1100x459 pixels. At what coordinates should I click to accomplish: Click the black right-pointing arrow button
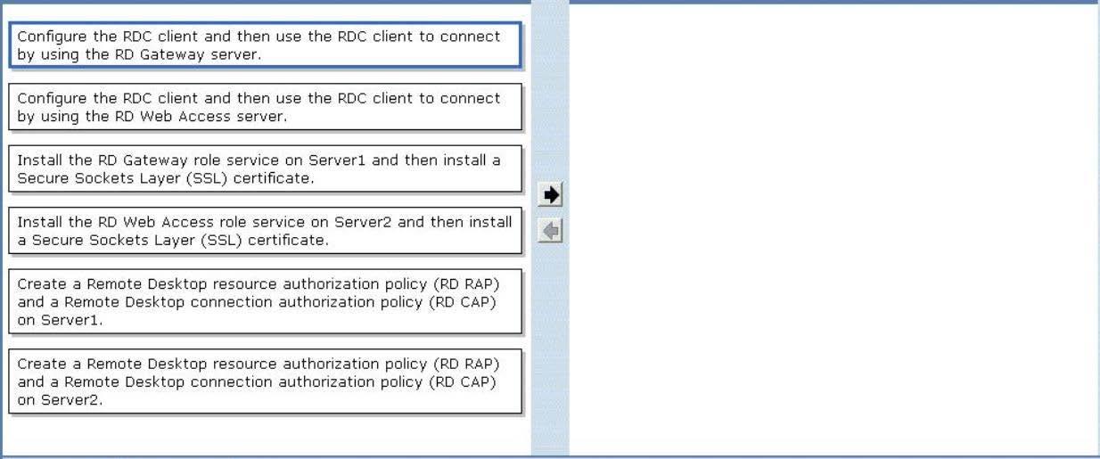[550, 195]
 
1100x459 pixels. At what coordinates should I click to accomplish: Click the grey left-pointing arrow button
[550, 231]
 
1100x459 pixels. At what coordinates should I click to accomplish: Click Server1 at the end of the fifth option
[71, 320]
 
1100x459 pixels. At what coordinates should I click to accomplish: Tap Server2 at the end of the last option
[71, 400]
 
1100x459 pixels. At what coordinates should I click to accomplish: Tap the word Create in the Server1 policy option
[42, 284]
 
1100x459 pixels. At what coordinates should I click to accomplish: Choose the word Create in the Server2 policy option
[42, 365]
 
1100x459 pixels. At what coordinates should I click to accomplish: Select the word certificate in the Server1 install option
[274, 178]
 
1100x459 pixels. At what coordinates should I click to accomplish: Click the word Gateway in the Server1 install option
[155, 161]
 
